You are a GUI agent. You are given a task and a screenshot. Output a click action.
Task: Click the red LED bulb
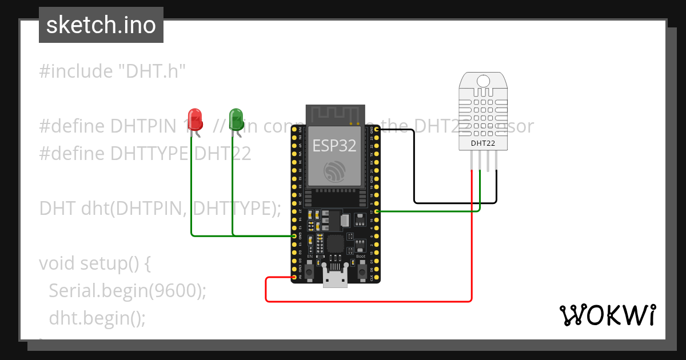(196, 118)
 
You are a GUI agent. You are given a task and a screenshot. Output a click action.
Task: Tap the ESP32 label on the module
(334, 145)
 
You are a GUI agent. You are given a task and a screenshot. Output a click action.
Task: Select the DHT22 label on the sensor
(483, 143)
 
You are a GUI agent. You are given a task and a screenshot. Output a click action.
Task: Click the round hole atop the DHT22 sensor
(483, 81)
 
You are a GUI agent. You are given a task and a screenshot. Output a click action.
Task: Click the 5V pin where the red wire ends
(294, 277)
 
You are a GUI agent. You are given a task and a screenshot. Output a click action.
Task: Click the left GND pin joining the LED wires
(294, 236)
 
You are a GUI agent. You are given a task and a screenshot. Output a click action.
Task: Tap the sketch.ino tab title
(101, 25)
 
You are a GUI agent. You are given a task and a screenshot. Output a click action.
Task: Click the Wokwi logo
(607, 315)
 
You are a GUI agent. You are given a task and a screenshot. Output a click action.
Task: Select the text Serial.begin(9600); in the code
(127, 290)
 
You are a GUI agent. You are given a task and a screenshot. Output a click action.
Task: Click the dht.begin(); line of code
(97, 317)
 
